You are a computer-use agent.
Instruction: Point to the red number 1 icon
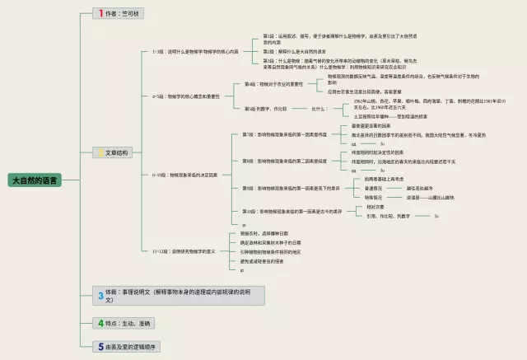(100, 14)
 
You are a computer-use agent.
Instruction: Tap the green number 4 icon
(100, 322)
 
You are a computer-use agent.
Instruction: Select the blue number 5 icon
(100, 347)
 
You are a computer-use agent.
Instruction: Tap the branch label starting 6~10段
(184, 175)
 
